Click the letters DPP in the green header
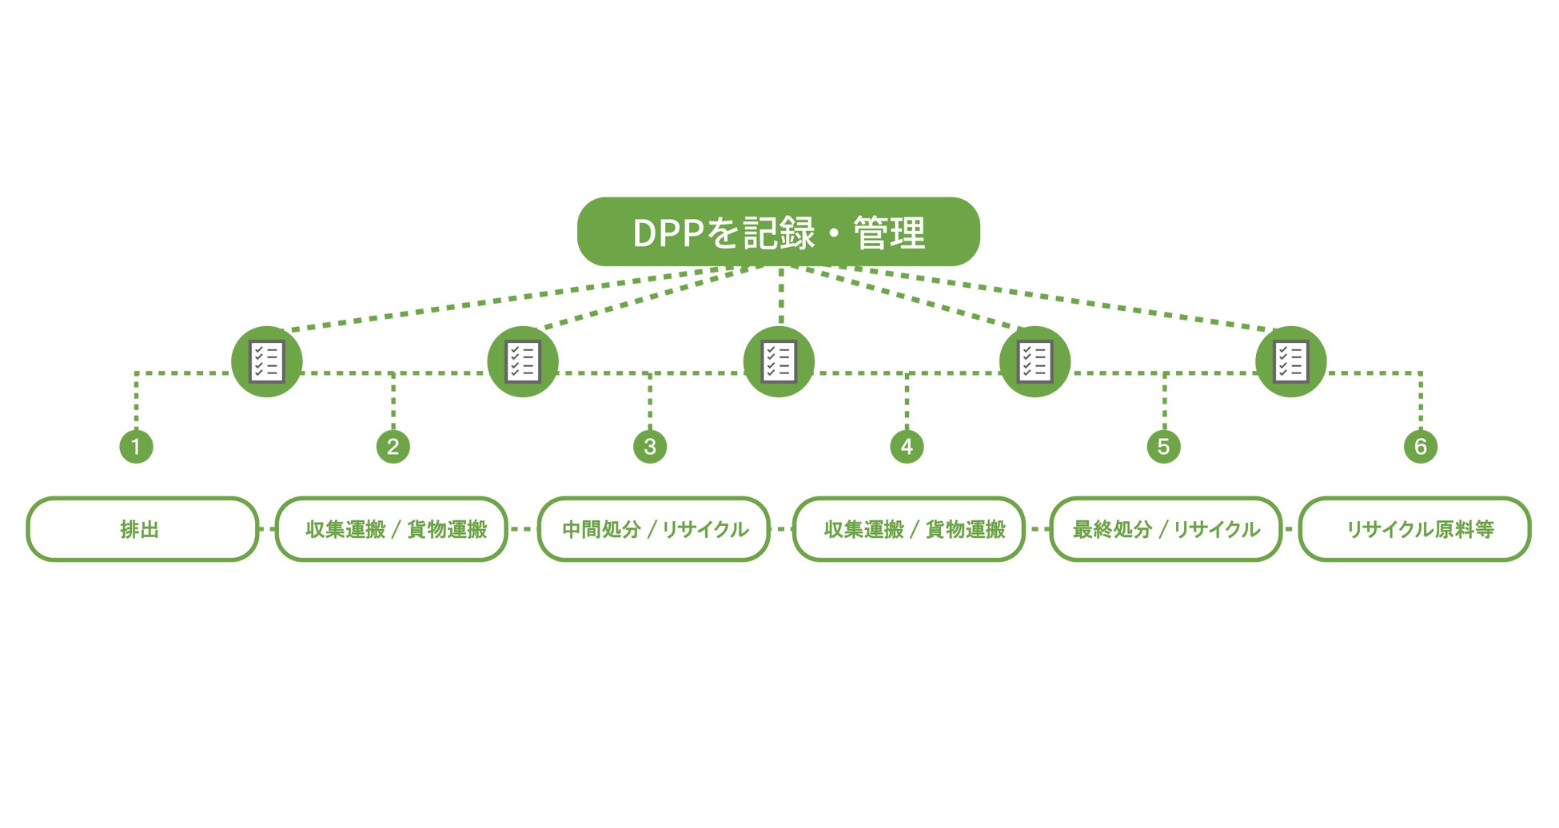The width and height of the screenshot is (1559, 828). [x=669, y=233]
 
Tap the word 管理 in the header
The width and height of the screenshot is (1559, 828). [x=889, y=233]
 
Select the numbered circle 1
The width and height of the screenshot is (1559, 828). [x=136, y=446]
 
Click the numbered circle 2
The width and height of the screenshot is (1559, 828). [x=393, y=446]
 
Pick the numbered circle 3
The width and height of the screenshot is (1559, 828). [x=650, y=446]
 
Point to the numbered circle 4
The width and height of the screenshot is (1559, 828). [x=907, y=446]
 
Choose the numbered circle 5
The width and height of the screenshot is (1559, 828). [x=1163, y=446]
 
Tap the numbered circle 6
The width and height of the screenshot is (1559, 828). [x=1421, y=446]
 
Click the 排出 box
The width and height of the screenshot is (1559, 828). [x=142, y=529]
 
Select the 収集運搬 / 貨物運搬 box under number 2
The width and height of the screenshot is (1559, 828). [x=392, y=529]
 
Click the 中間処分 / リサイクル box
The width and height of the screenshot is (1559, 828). [x=653, y=529]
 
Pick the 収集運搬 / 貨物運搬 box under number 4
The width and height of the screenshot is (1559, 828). [x=909, y=529]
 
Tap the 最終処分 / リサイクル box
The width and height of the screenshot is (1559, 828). [x=1166, y=529]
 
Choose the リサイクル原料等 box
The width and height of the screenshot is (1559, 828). [x=1415, y=529]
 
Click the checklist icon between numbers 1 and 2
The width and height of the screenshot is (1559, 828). [x=266, y=361]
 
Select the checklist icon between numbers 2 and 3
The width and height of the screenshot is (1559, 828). [x=523, y=361]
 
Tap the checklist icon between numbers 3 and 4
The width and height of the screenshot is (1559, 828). [x=779, y=361]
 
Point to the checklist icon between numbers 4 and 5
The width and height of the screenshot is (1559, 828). [x=1035, y=361]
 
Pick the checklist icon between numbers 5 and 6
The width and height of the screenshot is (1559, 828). [x=1291, y=361]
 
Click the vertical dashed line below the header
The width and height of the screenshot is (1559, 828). [x=780, y=296]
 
